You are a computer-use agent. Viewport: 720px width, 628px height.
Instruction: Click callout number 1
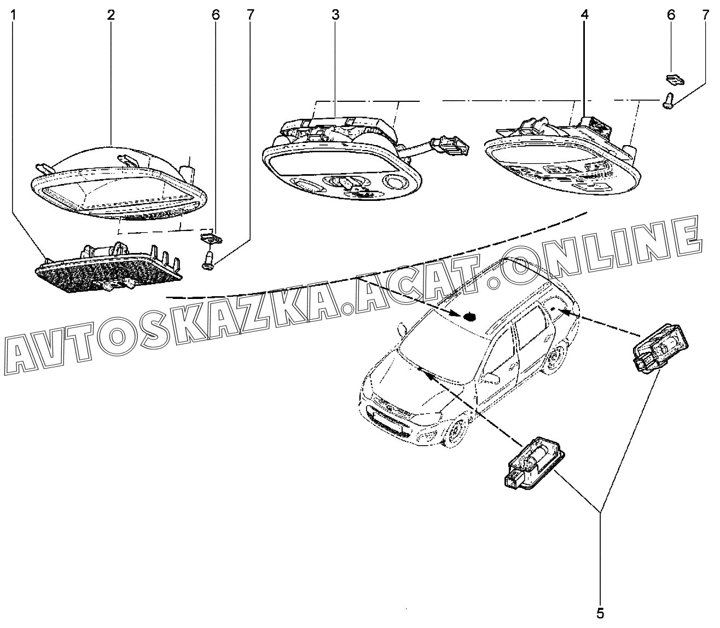13,14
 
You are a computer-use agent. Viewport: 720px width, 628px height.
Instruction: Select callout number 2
111,14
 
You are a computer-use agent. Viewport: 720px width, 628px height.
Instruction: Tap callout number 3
335,14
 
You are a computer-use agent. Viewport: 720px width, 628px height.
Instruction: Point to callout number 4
584,14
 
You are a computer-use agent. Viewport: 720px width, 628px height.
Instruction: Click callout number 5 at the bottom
600,613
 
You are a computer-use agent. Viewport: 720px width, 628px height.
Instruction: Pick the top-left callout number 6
216,14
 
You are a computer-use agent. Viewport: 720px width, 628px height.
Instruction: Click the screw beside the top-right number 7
667,101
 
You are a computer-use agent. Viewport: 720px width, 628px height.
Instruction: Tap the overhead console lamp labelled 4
564,159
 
